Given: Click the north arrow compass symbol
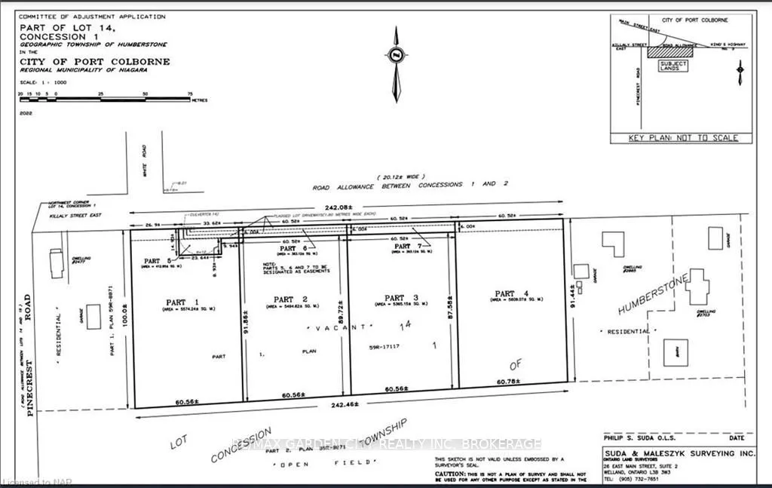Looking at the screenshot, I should [396, 63].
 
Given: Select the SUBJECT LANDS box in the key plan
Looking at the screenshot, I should [673, 66].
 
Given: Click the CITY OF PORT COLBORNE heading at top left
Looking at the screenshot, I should [95, 61].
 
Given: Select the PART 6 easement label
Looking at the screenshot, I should [293, 247].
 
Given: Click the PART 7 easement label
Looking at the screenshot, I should [403, 246].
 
